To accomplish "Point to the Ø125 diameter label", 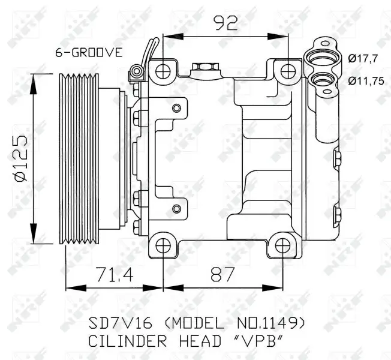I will tap(20, 157).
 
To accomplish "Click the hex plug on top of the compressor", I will tap(200, 67).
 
